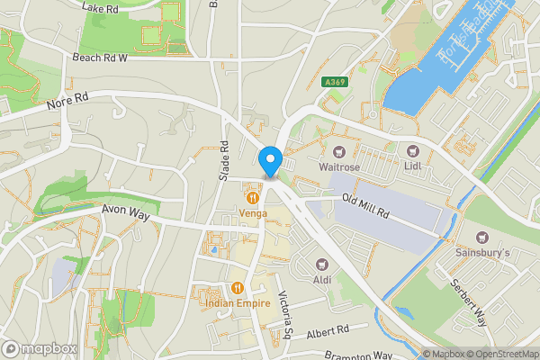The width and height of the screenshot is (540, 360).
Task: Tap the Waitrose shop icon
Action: click(339, 151)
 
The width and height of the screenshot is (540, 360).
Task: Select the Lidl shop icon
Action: click(412, 151)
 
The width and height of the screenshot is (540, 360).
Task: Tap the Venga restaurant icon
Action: click(253, 197)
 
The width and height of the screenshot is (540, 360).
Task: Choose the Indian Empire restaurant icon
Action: click(237, 288)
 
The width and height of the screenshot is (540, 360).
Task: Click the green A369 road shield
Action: click(335, 82)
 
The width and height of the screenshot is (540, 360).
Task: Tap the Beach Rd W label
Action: click(100, 57)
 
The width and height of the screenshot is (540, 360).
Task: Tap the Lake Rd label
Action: click(100, 7)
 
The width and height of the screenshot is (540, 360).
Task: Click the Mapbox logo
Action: click(39, 348)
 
